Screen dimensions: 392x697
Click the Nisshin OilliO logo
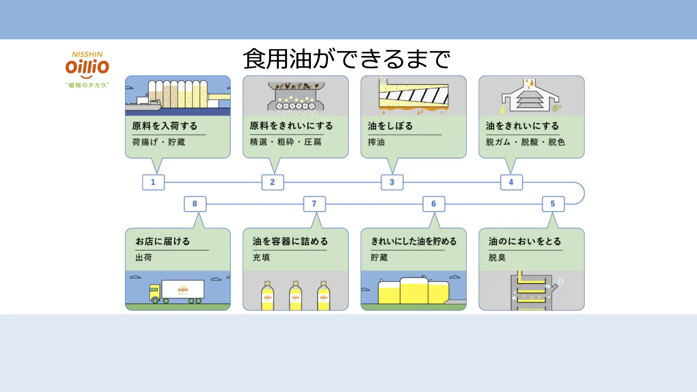pyautogui.click(x=87, y=66)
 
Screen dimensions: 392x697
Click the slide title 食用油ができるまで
pyautogui.click(x=346, y=59)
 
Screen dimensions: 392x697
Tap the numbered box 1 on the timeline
pyautogui.click(x=153, y=182)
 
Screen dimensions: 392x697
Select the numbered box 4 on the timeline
pyautogui.click(x=511, y=182)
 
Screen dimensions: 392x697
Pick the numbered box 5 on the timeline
pyautogui.click(x=553, y=204)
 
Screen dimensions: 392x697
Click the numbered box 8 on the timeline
pyautogui.click(x=195, y=204)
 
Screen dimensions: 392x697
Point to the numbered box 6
pyautogui.click(x=433, y=204)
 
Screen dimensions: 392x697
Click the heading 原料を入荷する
pyautogui.click(x=165, y=126)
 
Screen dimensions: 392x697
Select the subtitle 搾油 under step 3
pyautogui.click(x=376, y=142)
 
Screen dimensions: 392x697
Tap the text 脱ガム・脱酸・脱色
pyautogui.click(x=525, y=142)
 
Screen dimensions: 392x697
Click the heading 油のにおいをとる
pyautogui.click(x=525, y=241)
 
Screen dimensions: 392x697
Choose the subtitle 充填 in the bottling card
pyautogui.click(x=261, y=257)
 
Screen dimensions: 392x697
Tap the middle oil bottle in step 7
pyautogui.click(x=296, y=296)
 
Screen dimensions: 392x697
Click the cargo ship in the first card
pyautogui.click(x=144, y=104)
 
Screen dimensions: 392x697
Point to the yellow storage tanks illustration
pyautogui.click(x=413, y=291)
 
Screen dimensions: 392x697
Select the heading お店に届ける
pyautogui.click(x=163, y=241)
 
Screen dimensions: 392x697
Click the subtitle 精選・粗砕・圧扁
pyautogui.click(x=285, y=142)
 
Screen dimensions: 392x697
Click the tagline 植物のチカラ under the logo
pyautogui.click(x=87, y=85)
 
